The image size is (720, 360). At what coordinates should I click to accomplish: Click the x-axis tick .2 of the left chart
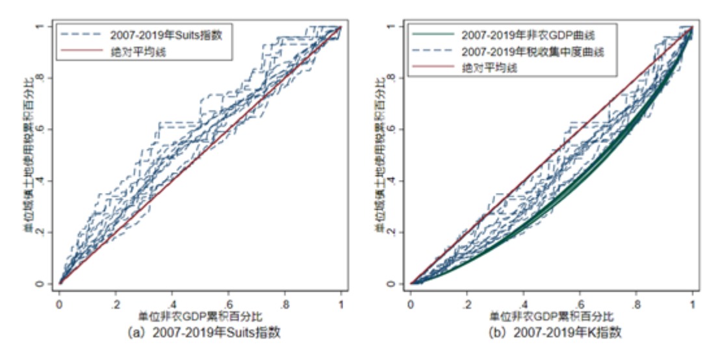(x=115, y=303)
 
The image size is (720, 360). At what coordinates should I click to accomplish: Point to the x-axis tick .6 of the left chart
(x=228, y=303)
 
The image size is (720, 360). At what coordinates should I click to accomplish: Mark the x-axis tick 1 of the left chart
(x=341, y=303)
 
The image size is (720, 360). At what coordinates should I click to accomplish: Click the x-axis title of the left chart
(x=200, y=317)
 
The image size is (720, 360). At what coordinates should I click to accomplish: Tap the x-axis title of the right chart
(x=551, y=317)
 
